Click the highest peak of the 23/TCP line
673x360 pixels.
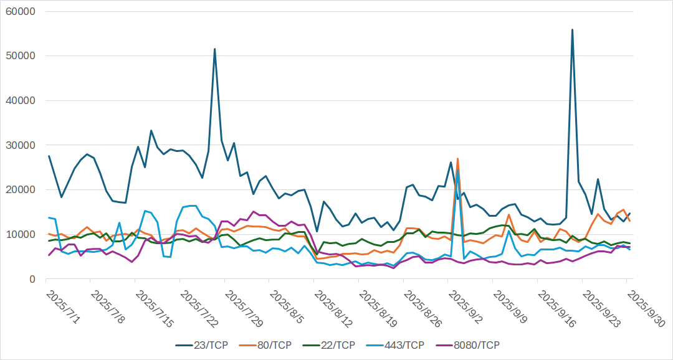point(572,29)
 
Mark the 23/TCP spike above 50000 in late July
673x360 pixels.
point(214,49)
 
